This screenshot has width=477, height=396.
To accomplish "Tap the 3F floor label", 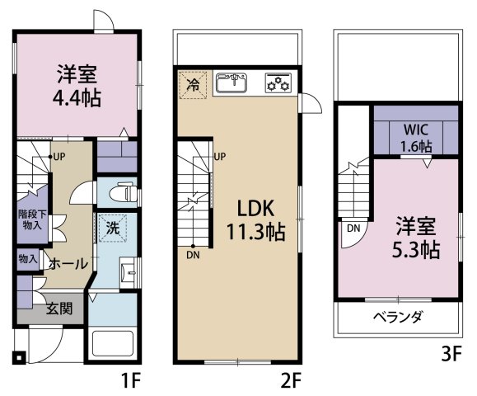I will pyautogui.click(x=451, y=356).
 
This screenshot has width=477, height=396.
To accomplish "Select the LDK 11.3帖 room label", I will pyautogui.click(x=256, y=219).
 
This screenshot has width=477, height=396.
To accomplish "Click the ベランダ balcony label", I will pyautogui.click(x=398, y=317).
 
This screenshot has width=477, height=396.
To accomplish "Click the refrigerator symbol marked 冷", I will pyautogui.click(x=193, y=84).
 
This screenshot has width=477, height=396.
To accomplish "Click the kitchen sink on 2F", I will pyautogui.click(x=233, y=82).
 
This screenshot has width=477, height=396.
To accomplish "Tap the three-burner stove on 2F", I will pyautogui.click(x=278, y=82).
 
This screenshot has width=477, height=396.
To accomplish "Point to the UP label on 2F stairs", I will pyautogui.click(x=220, y=156).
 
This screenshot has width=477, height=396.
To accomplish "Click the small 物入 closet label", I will pyautogui.click(x=28, y=258).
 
